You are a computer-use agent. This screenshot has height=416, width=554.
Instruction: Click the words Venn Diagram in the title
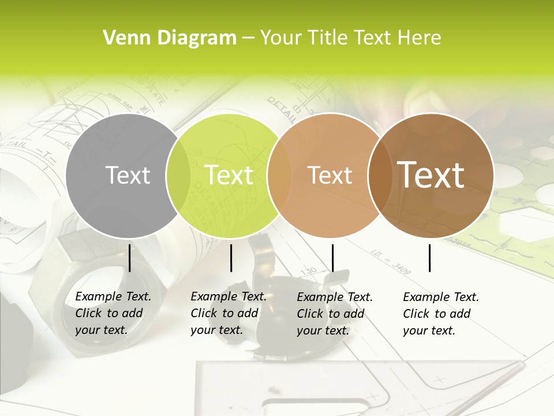(170, 38)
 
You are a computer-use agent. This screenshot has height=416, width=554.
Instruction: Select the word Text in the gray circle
(128, 175)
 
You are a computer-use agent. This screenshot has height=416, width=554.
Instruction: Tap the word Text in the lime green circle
(229, 175)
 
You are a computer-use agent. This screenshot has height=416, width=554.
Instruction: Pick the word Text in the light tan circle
(330, 175)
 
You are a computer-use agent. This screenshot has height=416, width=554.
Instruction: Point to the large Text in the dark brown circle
(431, 175)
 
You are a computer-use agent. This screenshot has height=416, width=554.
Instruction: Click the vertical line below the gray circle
(130, 258)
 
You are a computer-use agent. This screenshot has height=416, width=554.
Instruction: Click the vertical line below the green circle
(231, 258)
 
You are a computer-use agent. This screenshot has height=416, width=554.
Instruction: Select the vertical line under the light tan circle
(332, 258)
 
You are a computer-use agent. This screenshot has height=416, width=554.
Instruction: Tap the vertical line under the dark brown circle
(430, 258)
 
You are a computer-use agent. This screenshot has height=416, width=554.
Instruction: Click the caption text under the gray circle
(113, 313)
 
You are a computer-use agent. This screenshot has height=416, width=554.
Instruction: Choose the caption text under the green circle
(229, 313)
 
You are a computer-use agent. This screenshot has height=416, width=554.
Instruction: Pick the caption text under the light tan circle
(335, 314)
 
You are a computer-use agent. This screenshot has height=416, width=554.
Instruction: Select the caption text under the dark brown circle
(441, 314)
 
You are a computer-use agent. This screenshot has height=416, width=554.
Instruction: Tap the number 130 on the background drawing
(309, 270)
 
